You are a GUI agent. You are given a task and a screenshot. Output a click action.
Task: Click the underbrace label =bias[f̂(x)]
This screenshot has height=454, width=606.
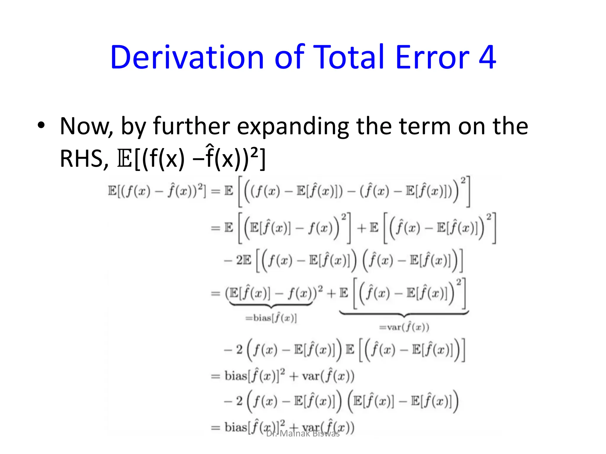pos(271,318)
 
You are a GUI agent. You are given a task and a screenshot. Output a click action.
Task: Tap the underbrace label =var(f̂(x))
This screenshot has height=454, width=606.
pos(404,327)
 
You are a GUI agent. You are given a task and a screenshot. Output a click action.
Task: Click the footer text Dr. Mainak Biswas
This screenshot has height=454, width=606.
pos(303,434)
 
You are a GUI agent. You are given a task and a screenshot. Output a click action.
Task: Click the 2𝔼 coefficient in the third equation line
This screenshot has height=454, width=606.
pos(243,260)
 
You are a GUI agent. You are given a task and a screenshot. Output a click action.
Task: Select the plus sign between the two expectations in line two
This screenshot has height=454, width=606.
pos(361,228)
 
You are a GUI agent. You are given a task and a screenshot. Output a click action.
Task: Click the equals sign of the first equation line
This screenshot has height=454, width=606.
pos(215,192)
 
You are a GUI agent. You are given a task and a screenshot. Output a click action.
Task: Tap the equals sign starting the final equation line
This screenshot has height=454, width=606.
pos(215,427)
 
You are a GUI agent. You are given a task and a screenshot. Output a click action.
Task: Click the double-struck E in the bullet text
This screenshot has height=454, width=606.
pos(125,159)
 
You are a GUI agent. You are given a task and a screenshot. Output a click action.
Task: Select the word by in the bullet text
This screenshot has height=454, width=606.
pos(133,127)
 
